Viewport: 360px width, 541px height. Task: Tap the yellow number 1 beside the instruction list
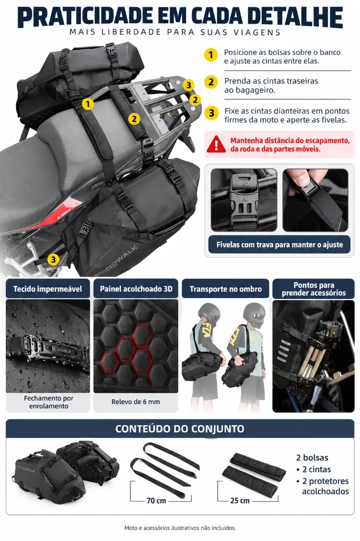211,55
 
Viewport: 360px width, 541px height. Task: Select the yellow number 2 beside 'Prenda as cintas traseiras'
211,82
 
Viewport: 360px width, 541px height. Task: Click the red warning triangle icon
216,144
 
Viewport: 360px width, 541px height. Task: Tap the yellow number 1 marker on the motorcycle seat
88,104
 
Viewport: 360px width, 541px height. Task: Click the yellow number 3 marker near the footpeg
53,259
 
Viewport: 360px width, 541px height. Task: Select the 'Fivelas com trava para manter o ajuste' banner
279,245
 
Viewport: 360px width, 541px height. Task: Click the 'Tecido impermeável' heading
48,289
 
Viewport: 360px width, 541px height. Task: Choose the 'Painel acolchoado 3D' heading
136,289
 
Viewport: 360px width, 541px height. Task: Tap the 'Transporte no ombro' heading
225,289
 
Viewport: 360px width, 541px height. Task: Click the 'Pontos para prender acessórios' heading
314,289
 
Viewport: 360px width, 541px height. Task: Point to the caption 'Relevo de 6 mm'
136,402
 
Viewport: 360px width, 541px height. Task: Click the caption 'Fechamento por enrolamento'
48,402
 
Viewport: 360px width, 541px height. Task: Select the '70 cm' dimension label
156,501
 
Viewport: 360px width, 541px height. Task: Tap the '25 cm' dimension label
240,501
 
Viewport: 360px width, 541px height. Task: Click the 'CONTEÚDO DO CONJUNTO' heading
179,428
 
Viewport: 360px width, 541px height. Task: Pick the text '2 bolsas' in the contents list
312,458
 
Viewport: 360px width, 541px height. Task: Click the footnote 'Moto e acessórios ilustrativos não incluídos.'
180,528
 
